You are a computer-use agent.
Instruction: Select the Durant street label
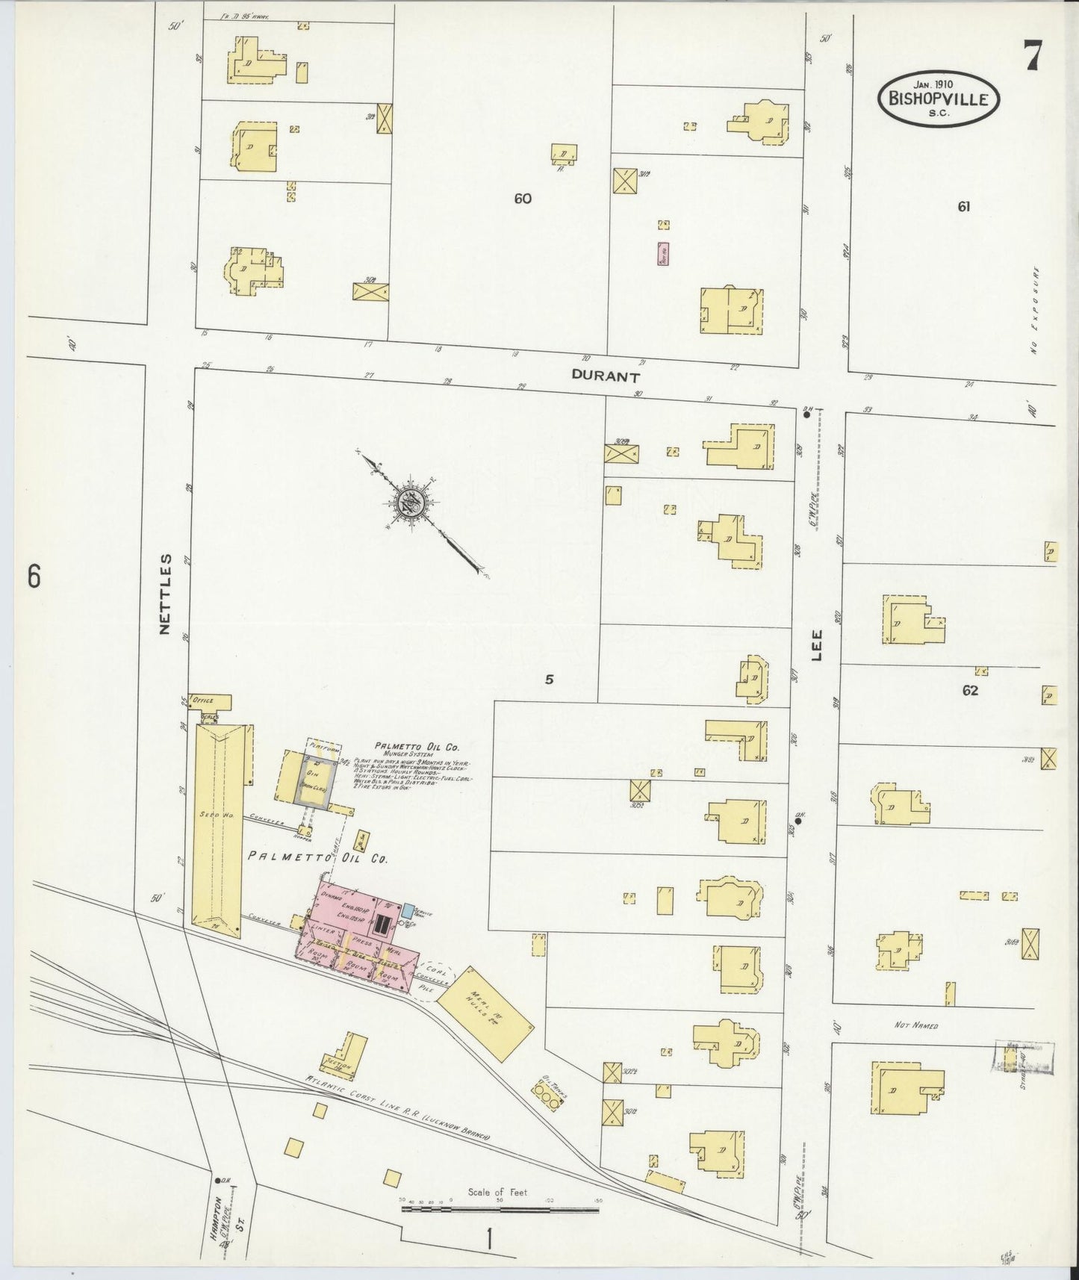pyautogui.click(x=606, y=377)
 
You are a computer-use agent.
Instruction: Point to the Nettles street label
pyautogui.click(x=166, y=594)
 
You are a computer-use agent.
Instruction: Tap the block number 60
pyautogui.click(x=522, y=199)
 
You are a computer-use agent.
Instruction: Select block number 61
pyautogui.click(x=963, y=207)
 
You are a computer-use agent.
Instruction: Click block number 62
pyautogui.click(x=969, y=691)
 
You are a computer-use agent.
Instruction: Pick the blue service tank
pyautogui.click(x=408, y=910)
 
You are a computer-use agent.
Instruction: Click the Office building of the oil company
pyautogui.click(x=210, y=701)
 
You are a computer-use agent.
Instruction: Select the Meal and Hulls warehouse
pyautogui.click(x=485, y=1014)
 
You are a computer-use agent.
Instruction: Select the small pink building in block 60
pyautogui.click(x=662, y=254)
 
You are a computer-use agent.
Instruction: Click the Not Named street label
pyautogui.click(x=915, y=1026)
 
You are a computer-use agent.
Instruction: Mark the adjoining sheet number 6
pyautogui.click(x=33, y=577)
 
